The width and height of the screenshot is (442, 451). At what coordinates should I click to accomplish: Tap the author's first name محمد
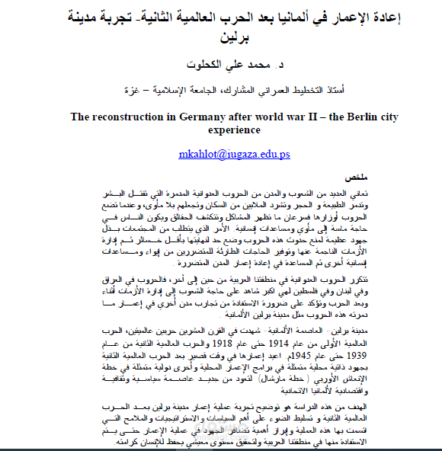[x=237, y=67]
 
